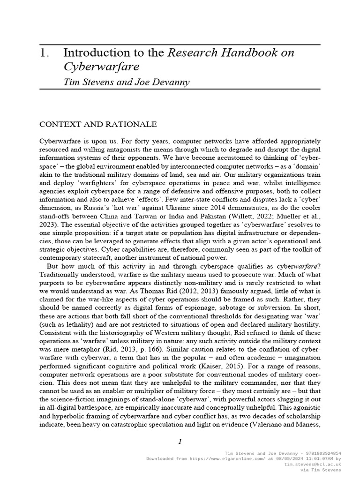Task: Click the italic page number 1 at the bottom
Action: pyautogui.click(x=180, y=442)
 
